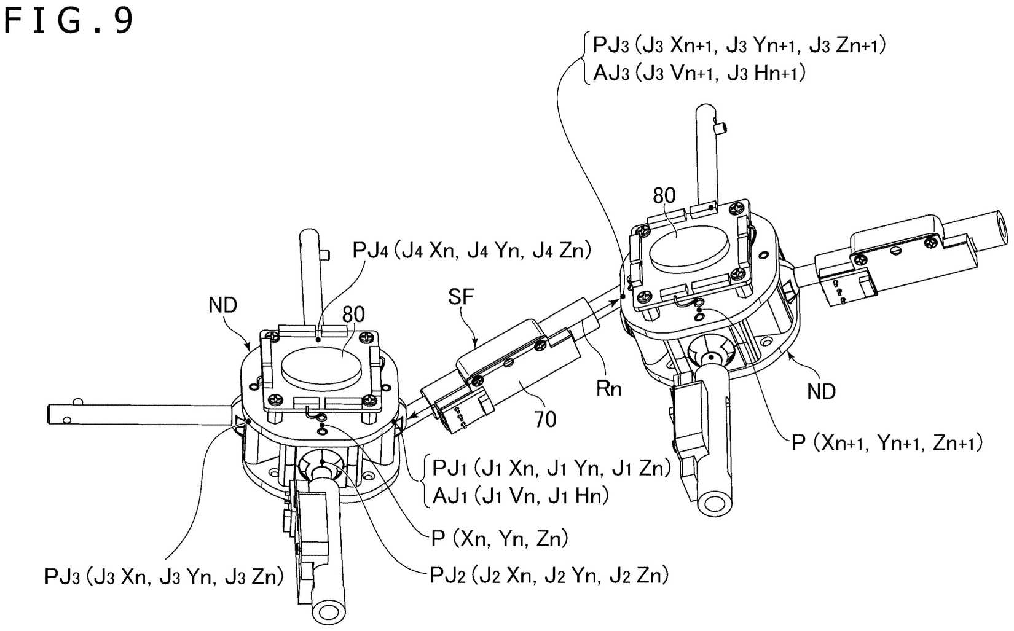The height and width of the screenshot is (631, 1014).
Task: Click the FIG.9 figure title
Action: [68, 21]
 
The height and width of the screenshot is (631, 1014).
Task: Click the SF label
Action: [461, 297]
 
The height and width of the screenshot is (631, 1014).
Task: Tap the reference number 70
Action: [545, 420]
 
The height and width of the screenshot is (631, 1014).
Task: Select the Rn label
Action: [608, 388]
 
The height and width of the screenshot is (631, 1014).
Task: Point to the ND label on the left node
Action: [222, 305]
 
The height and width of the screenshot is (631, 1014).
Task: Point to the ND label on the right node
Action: [821, 391]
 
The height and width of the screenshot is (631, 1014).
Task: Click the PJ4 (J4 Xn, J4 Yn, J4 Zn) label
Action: [471, 251]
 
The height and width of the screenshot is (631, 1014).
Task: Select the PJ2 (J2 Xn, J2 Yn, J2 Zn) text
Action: [549, 575]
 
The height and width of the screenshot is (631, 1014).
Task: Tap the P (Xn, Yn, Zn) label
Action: [499, 539]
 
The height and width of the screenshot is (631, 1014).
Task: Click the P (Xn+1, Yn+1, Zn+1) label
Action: [886, 442]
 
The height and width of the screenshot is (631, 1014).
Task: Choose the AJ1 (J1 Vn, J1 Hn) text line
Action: [520, 495]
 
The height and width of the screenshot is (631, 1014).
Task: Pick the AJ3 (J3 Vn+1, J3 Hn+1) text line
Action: [699, 74]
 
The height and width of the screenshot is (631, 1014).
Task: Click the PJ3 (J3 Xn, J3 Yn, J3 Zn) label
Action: [163, 577]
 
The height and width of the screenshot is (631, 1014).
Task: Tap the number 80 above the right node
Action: [664, 196]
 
